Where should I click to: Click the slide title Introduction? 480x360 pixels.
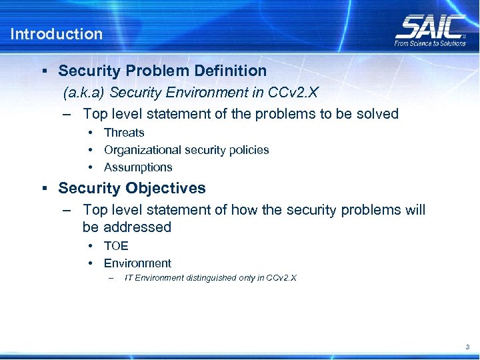57,34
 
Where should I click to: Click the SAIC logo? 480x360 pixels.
430,27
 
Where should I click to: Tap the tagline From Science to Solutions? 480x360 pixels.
430,43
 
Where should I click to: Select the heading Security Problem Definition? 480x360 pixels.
162,71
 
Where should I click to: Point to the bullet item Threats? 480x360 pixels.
124,133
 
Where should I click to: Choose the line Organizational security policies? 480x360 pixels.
186,150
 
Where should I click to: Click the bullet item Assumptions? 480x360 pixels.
138,167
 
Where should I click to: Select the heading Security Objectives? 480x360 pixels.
132,189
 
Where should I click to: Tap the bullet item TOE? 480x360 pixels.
116,246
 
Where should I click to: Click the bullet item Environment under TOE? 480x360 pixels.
137,263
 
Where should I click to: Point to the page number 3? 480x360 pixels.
467,347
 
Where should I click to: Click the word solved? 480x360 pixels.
377,114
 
